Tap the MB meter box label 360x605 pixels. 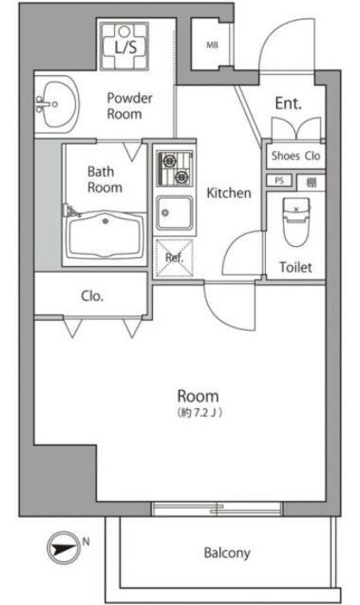tap(212, 46)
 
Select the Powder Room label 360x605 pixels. tap(129, 105)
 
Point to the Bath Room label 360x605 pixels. tap(104, 179)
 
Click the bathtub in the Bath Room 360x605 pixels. tap(105, 233)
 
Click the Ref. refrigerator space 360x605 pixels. tap(174, 257)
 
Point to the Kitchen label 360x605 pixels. tap(228, 193)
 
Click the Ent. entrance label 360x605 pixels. tap(287, 104)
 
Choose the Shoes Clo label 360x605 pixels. tap(296, 156)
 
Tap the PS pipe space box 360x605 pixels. tap(279, 181)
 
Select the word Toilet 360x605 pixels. tap(295, 268)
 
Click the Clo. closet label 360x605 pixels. tap(92, 296)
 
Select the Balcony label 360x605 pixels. tap(227, 552)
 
